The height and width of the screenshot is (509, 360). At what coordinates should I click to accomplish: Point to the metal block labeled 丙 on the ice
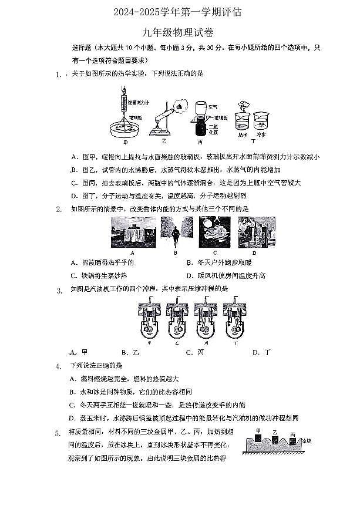(292, 434)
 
